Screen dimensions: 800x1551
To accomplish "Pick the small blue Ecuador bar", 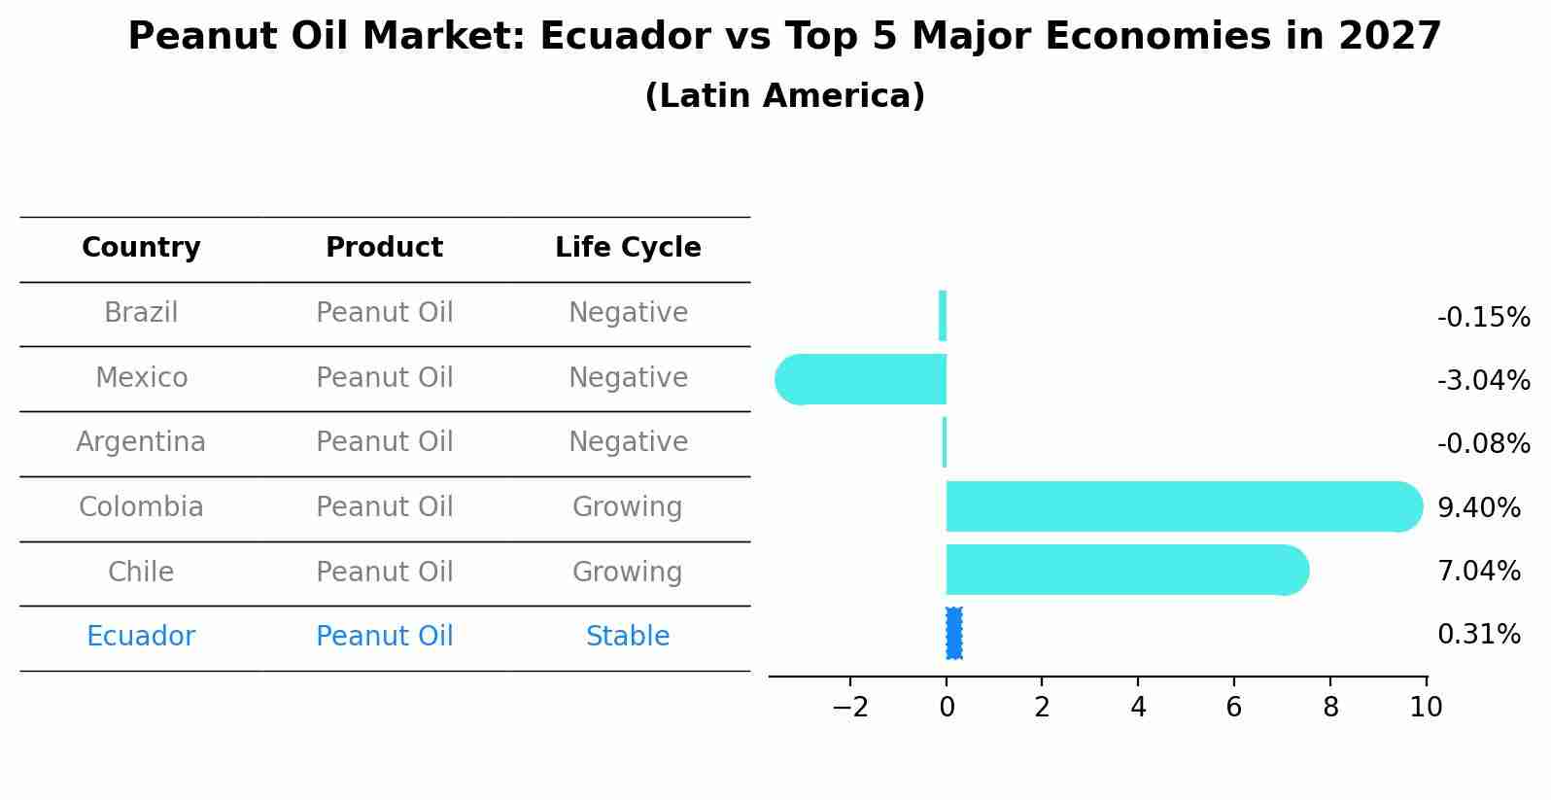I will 953,634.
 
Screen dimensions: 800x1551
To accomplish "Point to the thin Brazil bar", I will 943,316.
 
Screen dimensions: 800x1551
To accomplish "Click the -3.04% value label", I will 1483,381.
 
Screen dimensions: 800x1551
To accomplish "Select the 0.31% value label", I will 1478,635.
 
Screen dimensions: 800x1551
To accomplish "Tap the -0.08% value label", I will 1483,444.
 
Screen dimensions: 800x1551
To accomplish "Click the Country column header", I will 141,248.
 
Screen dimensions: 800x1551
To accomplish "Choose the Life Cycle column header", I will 628,248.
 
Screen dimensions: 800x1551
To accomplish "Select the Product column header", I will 384,248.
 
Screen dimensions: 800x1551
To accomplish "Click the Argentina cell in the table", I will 141,442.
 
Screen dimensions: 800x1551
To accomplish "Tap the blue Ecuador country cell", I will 141,637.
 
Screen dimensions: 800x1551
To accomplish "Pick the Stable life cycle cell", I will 628,637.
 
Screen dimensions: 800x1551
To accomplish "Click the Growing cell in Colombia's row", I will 628,507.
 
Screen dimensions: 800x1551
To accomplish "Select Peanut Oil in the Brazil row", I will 384,313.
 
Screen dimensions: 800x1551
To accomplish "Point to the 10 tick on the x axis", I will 1426,708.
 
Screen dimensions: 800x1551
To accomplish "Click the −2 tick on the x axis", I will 849,708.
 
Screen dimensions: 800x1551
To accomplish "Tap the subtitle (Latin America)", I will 784,96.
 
